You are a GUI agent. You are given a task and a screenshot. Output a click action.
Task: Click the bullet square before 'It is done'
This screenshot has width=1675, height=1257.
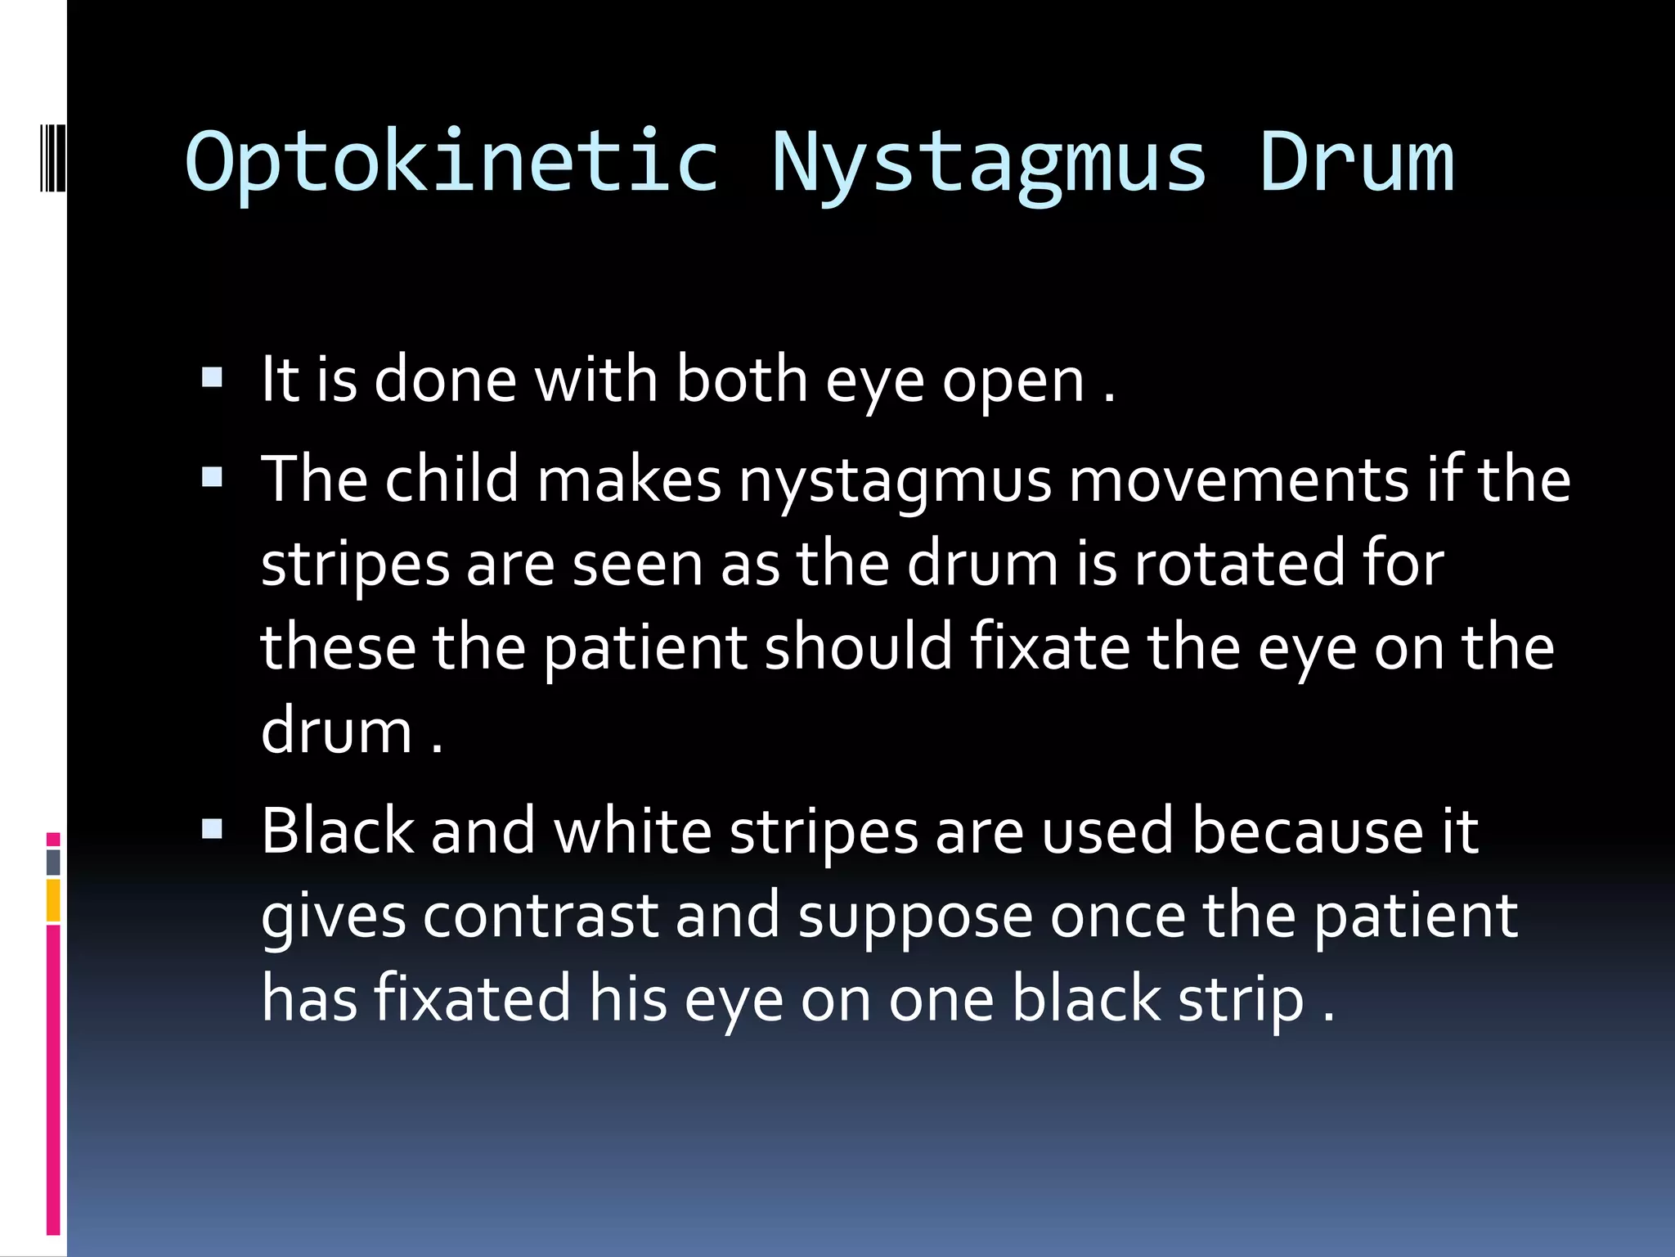tap(212, 377)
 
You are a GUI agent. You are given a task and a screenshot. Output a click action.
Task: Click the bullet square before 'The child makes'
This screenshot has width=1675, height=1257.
tap(212, 477)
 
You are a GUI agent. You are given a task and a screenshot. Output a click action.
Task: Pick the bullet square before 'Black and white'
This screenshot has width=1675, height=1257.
tap(212, 830)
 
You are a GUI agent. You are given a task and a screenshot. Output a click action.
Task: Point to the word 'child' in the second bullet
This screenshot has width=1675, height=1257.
tap(451, 480)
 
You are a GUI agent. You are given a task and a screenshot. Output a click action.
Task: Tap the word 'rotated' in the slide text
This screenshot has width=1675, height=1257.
tap(1238, 564)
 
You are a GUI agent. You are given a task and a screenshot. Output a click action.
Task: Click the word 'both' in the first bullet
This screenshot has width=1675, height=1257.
tap(742, 381)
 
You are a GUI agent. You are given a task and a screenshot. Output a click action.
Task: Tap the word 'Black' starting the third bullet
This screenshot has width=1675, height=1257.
tap(338, 831)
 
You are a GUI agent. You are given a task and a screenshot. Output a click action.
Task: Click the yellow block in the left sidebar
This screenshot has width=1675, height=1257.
tap(53, 900)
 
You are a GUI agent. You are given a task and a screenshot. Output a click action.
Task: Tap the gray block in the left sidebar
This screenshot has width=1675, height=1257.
tap(53, 862)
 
